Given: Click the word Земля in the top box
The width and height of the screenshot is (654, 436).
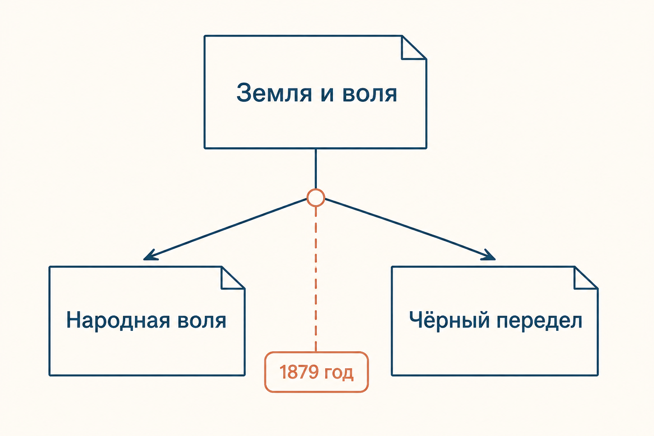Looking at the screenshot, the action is coord(274,93).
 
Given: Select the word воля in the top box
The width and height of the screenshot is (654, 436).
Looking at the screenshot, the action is coord(370,95).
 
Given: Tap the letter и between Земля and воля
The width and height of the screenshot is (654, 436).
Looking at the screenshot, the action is coord(327,95).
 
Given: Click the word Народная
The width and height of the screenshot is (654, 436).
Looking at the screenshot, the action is coord(118,321).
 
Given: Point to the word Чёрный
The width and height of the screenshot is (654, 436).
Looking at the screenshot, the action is coord(449,320).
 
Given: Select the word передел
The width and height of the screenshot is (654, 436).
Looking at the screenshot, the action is coord(539,321).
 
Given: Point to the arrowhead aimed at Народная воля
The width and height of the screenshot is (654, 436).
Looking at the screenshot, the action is coord(151,255).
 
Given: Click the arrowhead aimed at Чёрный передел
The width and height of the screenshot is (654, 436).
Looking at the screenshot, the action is coord(488,255).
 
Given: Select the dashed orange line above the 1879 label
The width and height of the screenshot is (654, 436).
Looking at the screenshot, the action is coord(316,279).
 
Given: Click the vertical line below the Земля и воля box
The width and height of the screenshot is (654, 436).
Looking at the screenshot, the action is coord(316,169).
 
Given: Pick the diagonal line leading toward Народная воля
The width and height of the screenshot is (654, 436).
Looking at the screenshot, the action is coord(225,229).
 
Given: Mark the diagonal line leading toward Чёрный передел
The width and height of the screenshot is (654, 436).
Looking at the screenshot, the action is coord(410,229).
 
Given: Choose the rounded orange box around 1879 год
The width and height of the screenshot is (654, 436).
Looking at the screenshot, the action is coord(316,353).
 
